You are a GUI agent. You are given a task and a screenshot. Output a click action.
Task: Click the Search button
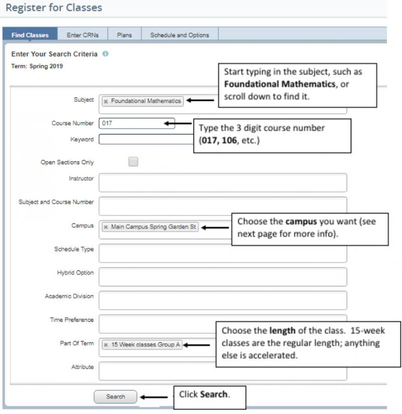point(115,396)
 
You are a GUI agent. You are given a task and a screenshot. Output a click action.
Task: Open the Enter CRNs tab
point(83,35)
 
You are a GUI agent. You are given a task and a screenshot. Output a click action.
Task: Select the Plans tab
point(124,35)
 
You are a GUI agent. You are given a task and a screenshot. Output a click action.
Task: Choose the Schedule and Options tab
point(179,35)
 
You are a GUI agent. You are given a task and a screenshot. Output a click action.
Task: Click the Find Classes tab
point(30,35)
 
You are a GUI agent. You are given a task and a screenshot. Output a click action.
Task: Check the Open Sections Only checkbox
point(133,162)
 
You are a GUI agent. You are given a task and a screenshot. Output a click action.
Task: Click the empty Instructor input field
point(223,183)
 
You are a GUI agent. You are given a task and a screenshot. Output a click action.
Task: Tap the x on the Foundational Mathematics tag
point(106,101)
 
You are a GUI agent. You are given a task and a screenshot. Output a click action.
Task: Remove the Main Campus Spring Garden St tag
point(106,227)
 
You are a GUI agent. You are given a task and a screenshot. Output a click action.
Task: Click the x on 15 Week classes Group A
point(106,345)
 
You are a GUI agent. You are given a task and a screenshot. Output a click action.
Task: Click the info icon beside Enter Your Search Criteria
point(105,54)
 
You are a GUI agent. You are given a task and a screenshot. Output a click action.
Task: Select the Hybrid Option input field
point(223,277)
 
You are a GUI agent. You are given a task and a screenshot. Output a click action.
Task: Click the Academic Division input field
point(223,300)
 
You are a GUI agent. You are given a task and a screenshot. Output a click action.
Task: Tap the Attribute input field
point(223,371)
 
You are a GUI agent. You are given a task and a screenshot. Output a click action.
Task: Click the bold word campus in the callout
point(301,221)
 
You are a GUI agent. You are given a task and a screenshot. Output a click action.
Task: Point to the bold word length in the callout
point(283,331)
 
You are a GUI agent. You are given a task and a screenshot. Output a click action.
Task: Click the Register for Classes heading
point(54,8)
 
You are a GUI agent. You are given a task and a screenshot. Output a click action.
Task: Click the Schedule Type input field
point(223,253)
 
